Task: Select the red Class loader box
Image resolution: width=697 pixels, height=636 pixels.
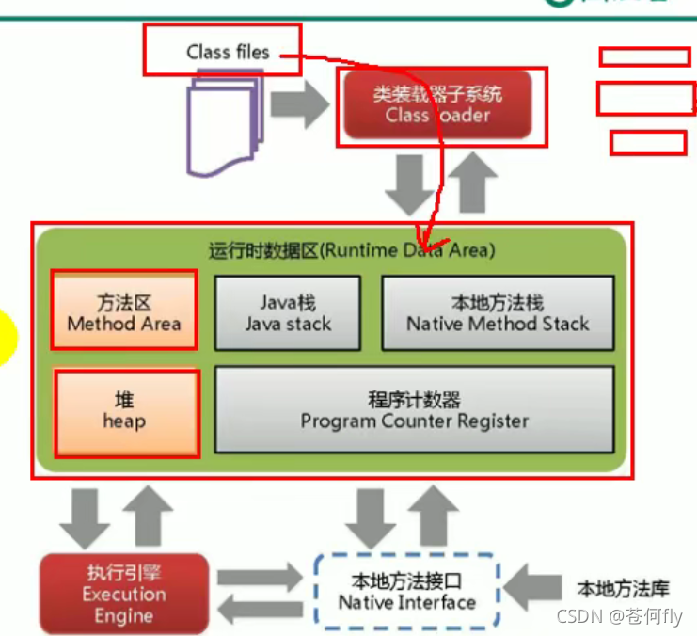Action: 437,105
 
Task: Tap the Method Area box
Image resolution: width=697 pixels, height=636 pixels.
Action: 124,313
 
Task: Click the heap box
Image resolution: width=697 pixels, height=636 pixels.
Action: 124,411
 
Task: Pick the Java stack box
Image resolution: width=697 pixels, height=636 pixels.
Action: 288,313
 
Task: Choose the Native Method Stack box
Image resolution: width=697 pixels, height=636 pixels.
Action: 498,313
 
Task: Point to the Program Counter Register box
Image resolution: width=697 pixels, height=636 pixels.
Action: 415,411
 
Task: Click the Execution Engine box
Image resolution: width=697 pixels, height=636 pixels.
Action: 123,594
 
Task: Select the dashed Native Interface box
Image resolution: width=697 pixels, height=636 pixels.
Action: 406,592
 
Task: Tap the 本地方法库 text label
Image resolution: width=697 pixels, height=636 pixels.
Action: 623,590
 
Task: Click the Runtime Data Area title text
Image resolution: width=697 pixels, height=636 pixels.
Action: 352,251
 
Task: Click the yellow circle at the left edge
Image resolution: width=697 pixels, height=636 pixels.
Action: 6,338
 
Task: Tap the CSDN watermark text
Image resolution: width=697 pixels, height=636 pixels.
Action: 618,617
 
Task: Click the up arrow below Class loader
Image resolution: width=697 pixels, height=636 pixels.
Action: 472,184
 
